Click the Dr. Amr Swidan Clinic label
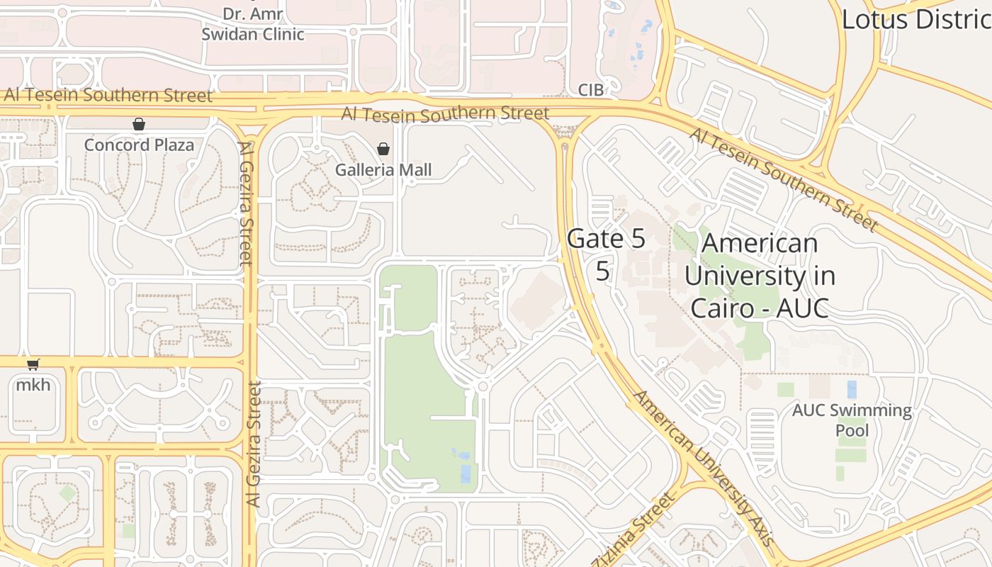pyautogui.click(x=253, y=23)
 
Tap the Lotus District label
pyautogui.click(x=915, y=19)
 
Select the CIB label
pyautogui.click(x=591, y=90)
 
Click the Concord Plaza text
pyautogui.click(x=139, y=145)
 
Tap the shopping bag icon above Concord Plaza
pyautogui.click(x=139, y=124)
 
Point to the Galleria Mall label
pyautogui.click(x=383, y=170)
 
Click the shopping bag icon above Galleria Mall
pyautogui.click(x=383, y=149)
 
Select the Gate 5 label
pyautogui.click(x=607, y=239)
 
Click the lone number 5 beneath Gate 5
pyautogui.click(x=602, y=271)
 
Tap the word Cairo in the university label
pyautogui.click(x=721, y=308)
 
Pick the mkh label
pyautogui.click(x=33, y=385)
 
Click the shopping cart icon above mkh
pyautogui.click(x=33, y=364)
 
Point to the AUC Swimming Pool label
pyautogui.click(x=852, y=420)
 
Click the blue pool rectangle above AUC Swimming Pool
pyautogui.click(x=852, y=389)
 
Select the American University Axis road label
pyautogui.click(x=703, y=467)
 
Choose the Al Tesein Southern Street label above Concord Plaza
pyautogui.click(x=108, y=95)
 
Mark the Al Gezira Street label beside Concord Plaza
pyautogui.click(x=246, y=203)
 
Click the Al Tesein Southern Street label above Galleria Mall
pyautogui.click(x=445, y=113)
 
